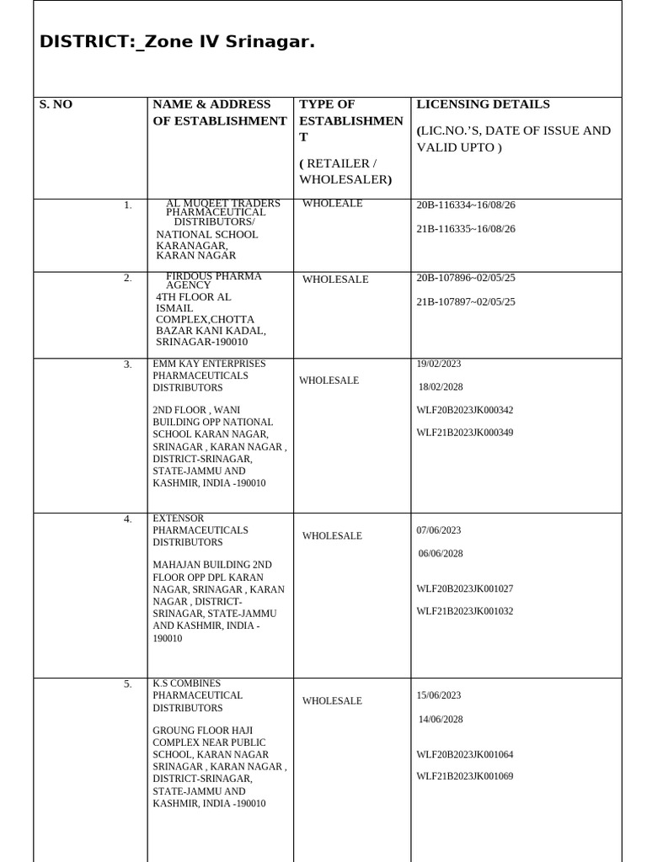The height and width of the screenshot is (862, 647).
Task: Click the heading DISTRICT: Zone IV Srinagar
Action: point(177,42)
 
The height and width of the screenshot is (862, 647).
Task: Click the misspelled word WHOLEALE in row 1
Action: point(333,203)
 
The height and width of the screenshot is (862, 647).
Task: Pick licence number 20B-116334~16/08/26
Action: point(466,205)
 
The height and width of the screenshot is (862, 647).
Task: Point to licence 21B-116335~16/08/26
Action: point(466,229)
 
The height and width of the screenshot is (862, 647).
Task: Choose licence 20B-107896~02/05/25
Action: point(466,278)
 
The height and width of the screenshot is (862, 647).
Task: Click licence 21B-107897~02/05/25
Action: point(466,302)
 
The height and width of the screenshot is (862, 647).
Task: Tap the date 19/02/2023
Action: point(439,364)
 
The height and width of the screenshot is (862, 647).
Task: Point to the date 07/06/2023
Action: point(439,530)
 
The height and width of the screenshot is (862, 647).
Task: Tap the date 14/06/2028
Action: point(441,720)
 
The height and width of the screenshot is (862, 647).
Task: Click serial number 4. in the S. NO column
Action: point(128,519)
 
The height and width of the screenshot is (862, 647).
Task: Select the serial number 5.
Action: point(128,684)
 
